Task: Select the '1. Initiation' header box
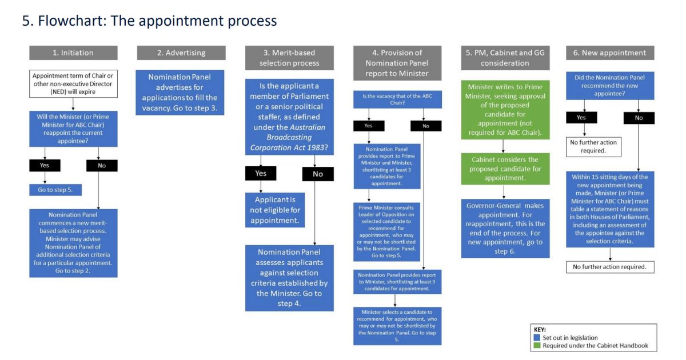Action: point(73,53)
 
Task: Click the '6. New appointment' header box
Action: point(609,53)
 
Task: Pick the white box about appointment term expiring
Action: point(73,83)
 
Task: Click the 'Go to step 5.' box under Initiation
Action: point(55,190)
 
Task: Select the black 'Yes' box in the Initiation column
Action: point(45,165)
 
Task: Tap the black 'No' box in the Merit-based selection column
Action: point(318,174)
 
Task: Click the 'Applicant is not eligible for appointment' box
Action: point(275,210)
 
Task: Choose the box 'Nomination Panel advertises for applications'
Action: point(180,93)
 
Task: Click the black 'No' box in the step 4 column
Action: point(426,126)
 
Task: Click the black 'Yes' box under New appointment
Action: point(581,118)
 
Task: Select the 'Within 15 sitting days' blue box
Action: point(610,209)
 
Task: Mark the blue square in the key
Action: point(536,338)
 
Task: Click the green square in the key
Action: point(536,346)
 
